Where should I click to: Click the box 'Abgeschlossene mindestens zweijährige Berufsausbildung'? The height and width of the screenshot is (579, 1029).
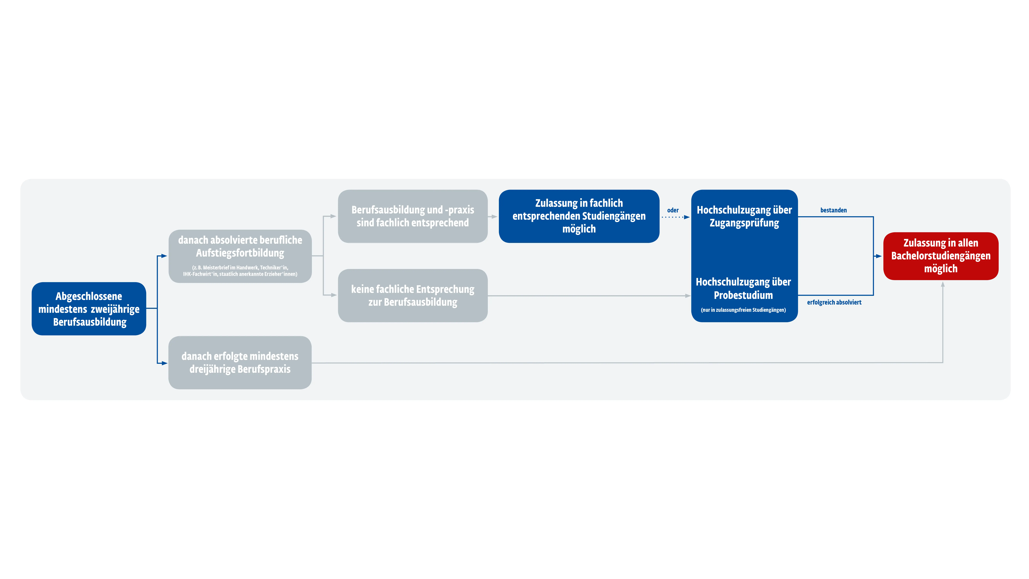(89, 309)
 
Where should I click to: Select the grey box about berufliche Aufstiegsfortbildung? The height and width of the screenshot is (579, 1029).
(240, 256)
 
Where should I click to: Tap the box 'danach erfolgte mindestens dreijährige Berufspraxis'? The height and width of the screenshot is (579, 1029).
(240, 362)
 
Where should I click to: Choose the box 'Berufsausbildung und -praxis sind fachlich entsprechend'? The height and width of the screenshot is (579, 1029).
(413, 216)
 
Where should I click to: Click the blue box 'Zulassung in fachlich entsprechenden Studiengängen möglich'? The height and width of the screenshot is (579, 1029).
(579, 216)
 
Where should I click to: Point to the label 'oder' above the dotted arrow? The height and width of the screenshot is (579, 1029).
(673, 210)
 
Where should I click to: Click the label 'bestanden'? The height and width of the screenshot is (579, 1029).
(833, 210)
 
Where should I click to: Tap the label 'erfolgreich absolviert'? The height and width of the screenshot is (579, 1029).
(834, 302)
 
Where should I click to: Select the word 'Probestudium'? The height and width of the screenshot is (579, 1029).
(743, 295)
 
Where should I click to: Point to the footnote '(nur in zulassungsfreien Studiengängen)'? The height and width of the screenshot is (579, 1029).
(743, 310)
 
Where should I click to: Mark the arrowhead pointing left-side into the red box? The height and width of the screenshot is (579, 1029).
(878, 256)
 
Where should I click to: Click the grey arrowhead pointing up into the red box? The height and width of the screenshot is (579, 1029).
(943, 284)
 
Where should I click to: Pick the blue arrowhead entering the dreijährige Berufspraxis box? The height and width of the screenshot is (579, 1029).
(164, 363)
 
